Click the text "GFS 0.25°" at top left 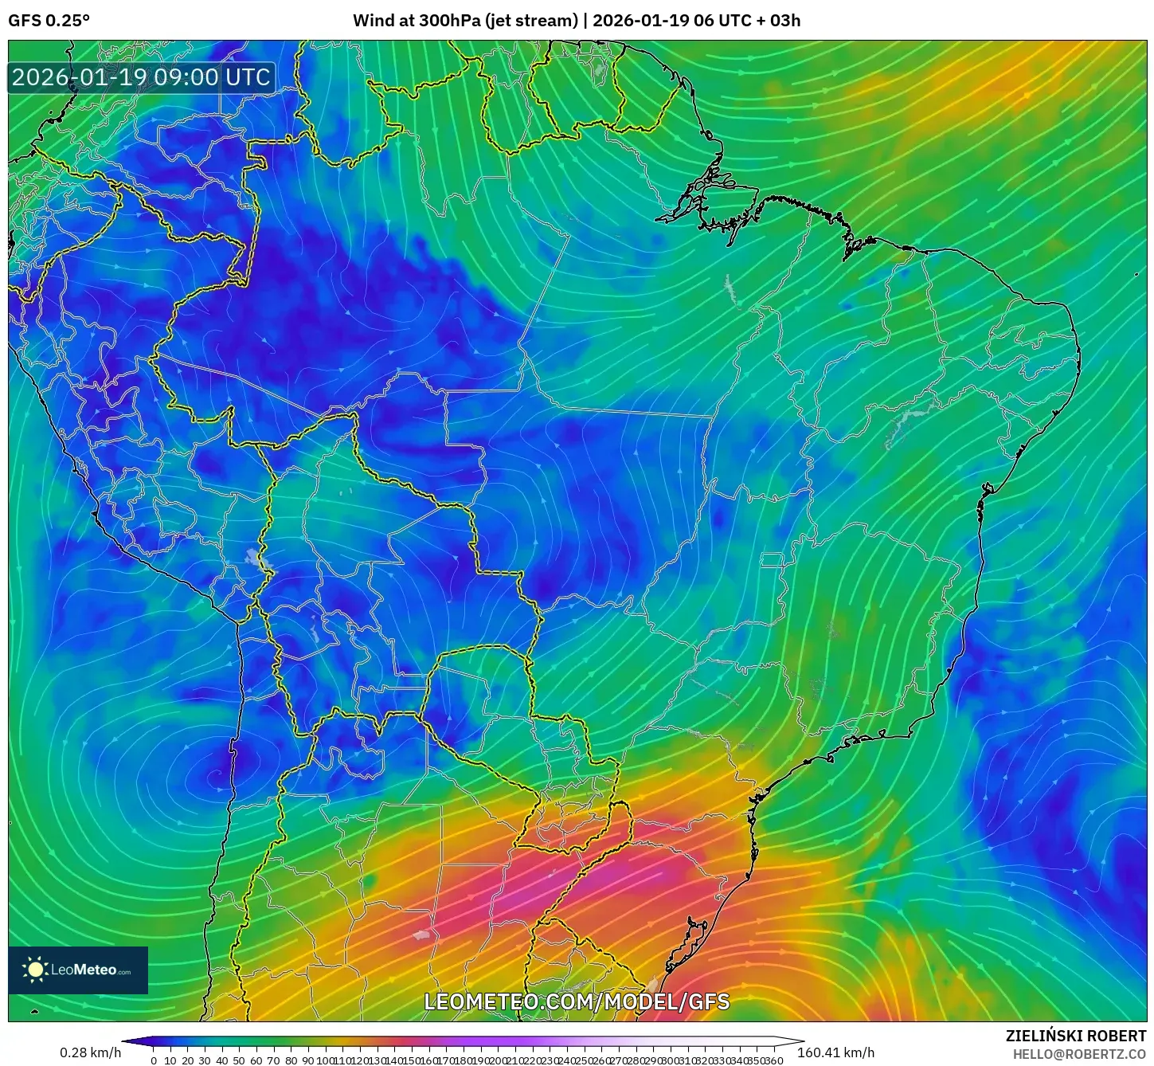click(x=49, y=21)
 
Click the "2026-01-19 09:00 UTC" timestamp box click(x=142, y=78)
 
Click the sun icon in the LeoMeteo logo click(x=35, y=970)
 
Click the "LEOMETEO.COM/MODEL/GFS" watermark click(x=577, y=1001)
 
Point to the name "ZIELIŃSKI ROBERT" click(x=1075, y=1036)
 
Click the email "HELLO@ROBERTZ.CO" click(x=1079, y=1054)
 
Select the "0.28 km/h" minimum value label click(x=90, y=1052)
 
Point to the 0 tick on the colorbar click(x=153, y=1060)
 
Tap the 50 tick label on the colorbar click(x=239, y=1060)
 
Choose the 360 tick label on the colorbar click(x=774, y=1060)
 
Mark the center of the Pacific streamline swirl click(x=213, y=773)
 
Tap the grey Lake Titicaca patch click(x=256, y=558)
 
